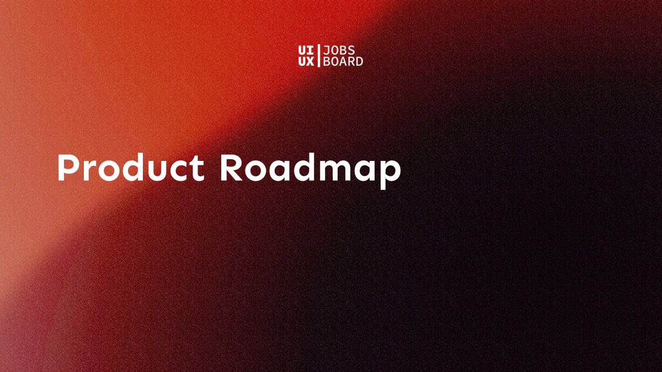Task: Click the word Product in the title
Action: tap(131, 167)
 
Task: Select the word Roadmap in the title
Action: tap(311, 171)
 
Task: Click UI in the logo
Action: tap(306, 51)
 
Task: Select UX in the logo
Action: tap(306, 61)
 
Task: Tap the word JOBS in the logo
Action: tap(339, 51)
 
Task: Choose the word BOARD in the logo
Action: tap(343, 61)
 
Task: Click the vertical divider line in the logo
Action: tap(319, 56)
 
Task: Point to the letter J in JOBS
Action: tap(326, 51)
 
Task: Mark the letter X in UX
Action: tap(310, 61)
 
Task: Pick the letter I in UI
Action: tap(310, 51)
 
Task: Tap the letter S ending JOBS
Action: tap(351, 51)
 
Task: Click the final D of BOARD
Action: tap(359, 61)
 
